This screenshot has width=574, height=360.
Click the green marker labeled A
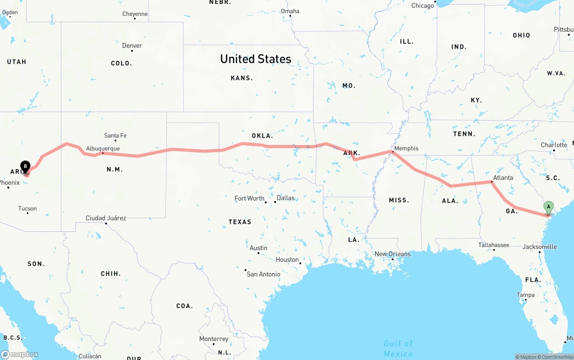(548, 207)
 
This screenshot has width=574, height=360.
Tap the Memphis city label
(406, 148)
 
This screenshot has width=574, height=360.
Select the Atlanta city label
(503, 178)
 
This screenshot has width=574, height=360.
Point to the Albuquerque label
(103, 148)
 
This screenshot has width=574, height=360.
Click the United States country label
(256, 59)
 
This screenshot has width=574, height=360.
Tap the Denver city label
(132, 46)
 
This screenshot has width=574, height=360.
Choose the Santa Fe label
(115, 135)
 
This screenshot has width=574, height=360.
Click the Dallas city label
(286, 198)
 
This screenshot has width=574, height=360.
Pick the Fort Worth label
(249, 198)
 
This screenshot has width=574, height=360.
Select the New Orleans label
(392, 254)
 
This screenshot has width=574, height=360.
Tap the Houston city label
(287, 260)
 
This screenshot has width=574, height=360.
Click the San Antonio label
(263, 274)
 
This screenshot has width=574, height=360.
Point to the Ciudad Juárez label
(106, 218)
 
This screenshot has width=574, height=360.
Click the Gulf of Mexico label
(398, 348)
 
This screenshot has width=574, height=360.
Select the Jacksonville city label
(539, 247)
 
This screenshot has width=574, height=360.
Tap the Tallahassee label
(493, 245)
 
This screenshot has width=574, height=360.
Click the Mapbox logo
(20, 354)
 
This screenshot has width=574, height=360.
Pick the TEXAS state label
(240, 222)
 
